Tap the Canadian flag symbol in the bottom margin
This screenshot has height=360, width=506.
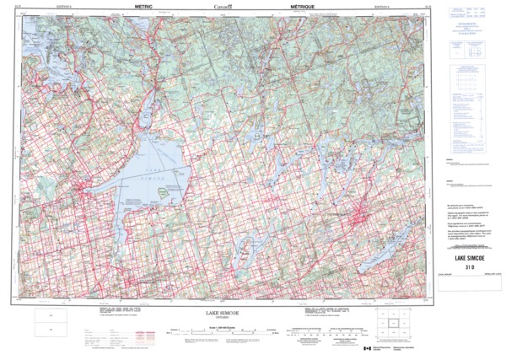coord(367,348)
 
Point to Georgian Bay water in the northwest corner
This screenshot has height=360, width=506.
coord(34,34)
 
